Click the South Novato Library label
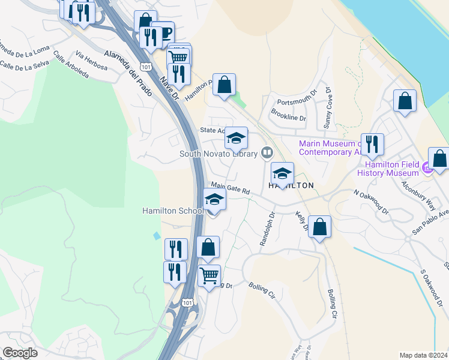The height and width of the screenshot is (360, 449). [x=218, y=154]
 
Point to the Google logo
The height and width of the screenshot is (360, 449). [x=20, y=353]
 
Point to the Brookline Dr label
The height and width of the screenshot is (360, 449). [x=289, y=115]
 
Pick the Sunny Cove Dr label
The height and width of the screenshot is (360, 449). [x=328, y=108]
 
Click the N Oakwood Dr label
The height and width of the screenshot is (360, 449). [x=372, y=203]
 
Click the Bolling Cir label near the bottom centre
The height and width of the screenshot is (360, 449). [x=262, y=290]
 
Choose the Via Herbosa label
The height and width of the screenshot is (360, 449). [x=92, y=61]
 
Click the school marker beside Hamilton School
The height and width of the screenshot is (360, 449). [x=214, y=200]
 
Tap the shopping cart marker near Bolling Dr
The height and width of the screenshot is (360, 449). [x=209, y=276]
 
